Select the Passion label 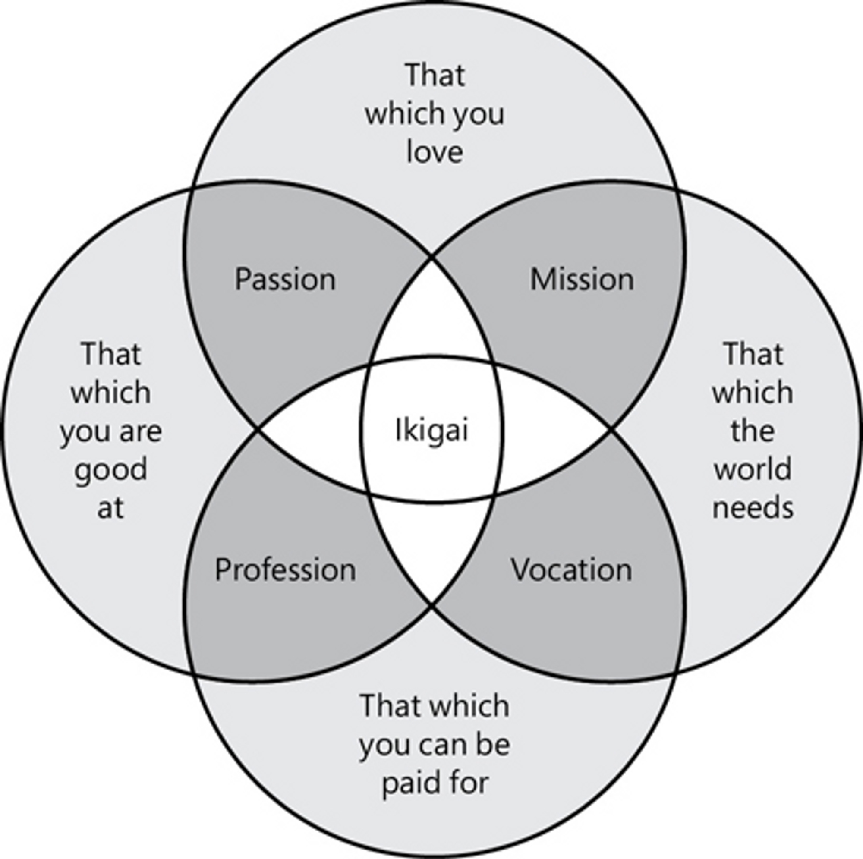point(285,280)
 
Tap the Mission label point(582,280)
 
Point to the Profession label point(285,570)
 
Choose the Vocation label point(571,570)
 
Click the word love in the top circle point(435,152)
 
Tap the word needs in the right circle point(753,508)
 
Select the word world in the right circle point(753,469)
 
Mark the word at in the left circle point(110,508)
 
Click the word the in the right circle point(753,431)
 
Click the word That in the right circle point(753,354)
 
